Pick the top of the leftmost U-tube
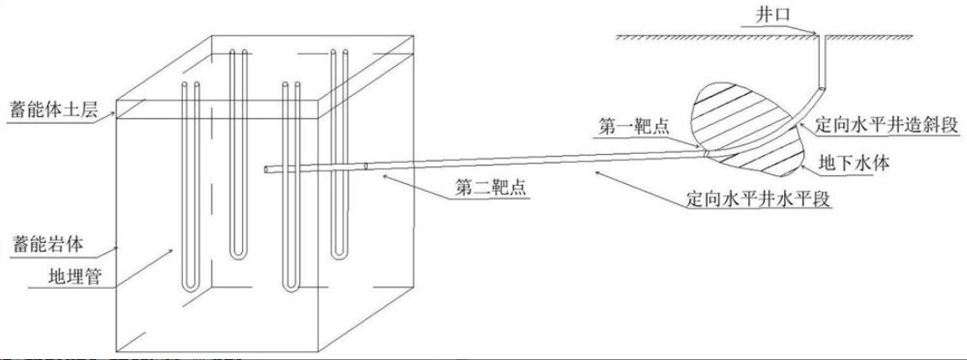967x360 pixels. (x=190, y=85)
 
